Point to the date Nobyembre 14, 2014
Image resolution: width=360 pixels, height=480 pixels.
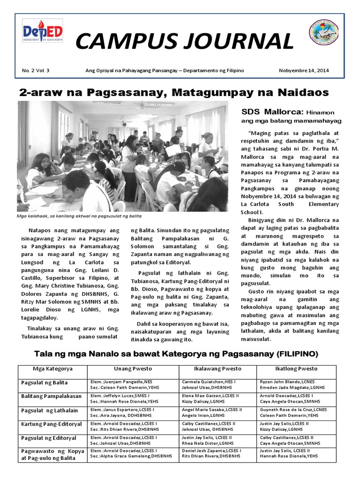[x=304, y=70]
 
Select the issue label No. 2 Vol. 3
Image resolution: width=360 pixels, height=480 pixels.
[x=36, y=70]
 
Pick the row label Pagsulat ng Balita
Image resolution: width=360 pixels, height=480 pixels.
[x=44, y=382]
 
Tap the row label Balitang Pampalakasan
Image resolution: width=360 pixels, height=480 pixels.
[x=51, y=396]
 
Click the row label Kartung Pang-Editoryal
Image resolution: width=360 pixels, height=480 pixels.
[x=51, y=424]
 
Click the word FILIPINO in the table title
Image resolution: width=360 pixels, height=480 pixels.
[x=296, y=352]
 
